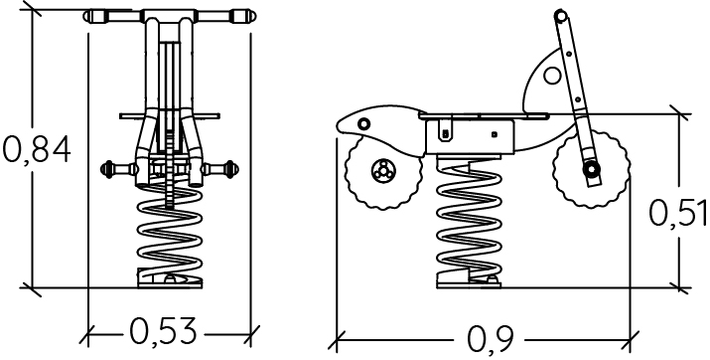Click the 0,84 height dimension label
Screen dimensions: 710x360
(37, 149)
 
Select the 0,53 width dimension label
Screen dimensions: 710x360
(164, 332)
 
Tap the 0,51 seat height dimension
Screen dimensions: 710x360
(678, 212)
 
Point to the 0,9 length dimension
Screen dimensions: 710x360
(491, 339)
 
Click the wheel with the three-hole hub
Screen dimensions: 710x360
(384, 171)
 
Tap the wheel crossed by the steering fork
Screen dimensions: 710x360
(592, 169)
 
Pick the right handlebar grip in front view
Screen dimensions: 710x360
(243, 16)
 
